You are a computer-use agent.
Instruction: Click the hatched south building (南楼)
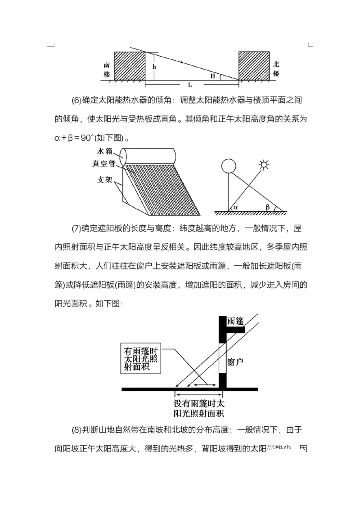click(129, 66)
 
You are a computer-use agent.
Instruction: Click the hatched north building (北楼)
click(254, 66)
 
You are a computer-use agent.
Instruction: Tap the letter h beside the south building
click(154, 67)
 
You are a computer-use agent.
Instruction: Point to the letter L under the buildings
click(190, 85)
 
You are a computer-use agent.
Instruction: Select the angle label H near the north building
click(212, 76)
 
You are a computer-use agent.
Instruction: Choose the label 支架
click(104, 179)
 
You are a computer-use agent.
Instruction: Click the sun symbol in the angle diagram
click(264, 165)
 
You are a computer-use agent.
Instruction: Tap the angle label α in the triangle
click(235, 208)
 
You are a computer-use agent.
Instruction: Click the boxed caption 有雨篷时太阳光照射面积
click(143, 358)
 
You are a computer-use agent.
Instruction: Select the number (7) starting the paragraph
click(76, 228)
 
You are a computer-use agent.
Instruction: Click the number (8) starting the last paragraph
click(76, 430)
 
